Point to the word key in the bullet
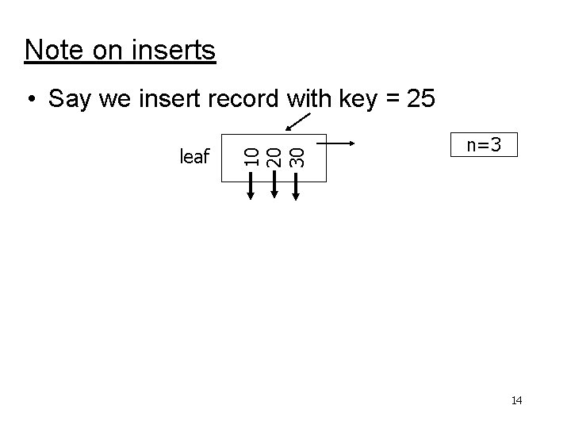coord(358,101)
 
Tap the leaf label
coord(194,157)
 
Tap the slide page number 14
coord(516,401)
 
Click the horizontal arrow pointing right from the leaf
coord(342,144)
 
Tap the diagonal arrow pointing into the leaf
coord(299,121)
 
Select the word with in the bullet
coord(305,99)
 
